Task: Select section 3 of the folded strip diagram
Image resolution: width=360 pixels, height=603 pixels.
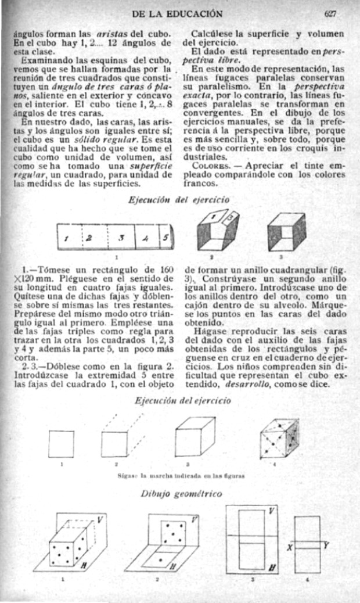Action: pos(120,237)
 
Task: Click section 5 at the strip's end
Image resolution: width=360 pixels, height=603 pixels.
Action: pos(165,237)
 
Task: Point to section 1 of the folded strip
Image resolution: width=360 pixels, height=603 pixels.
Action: pos(67,237)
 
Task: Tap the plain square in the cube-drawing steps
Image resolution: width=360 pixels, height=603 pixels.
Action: pos(61,443)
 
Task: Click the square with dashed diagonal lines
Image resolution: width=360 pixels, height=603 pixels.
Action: pos(115,442)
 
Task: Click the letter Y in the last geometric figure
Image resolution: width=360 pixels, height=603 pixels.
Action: pos(326,544)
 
